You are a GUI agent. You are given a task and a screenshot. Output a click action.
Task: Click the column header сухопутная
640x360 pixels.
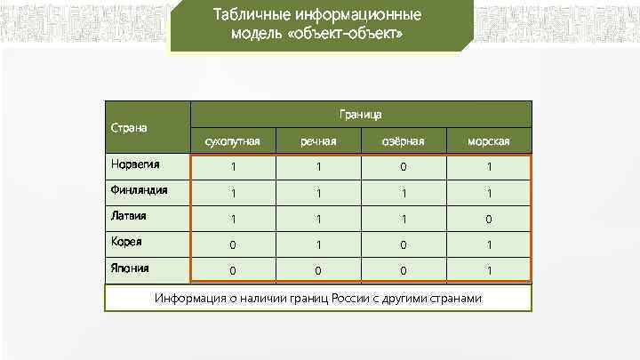tap(233, 141)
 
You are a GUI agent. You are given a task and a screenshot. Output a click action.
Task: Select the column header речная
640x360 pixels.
tap(318, 141)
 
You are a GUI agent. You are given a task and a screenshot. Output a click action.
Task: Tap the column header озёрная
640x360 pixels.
tap(404, 141)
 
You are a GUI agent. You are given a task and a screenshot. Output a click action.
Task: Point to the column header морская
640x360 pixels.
tap(489, 141)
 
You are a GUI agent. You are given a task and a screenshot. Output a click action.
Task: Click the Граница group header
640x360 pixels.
tap(361, 115)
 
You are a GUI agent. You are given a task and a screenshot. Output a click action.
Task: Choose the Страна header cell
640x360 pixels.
tap(129, 127)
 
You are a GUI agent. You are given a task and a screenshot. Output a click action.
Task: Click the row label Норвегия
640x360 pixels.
tap(132, 164)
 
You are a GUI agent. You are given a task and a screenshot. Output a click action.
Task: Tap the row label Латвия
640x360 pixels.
tap(128, 215)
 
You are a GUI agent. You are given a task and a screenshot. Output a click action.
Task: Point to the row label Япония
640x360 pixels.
tap(130, 267)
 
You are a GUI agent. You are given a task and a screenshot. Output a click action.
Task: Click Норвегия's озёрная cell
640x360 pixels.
tap(404, 167)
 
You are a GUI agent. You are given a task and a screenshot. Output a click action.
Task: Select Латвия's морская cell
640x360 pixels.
tap(489, 219)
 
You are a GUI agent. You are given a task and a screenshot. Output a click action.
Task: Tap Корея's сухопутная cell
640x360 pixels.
tap(233, 244)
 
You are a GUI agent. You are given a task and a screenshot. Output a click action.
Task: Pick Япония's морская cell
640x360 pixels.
tap(489, 270)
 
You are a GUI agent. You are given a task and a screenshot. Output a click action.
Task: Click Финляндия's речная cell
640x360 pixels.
tap(318, 193)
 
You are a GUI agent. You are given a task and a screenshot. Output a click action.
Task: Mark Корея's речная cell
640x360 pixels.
tap(318, 244)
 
